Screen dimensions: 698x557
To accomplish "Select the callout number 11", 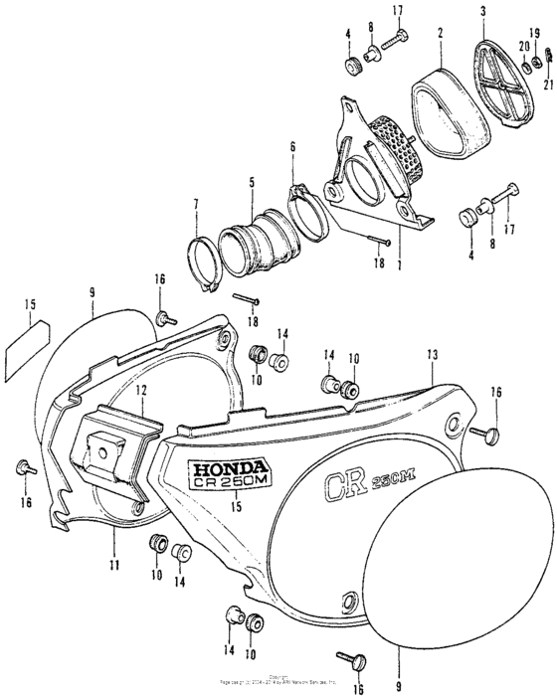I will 114,565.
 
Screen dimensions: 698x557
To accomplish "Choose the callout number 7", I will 196,204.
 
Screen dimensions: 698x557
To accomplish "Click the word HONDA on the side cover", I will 228,466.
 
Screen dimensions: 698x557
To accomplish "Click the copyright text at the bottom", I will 279,682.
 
